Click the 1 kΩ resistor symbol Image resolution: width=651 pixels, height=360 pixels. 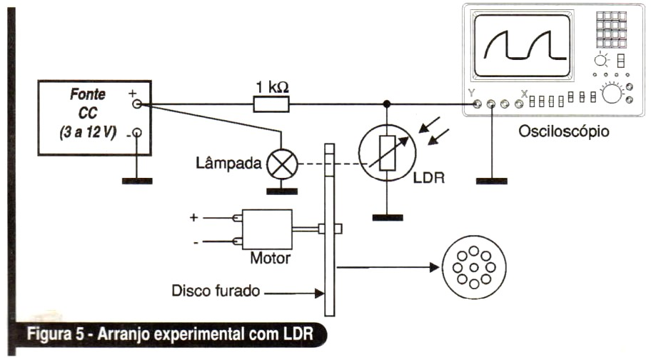click(271, 105)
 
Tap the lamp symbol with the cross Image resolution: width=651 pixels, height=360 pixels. click(283, 165)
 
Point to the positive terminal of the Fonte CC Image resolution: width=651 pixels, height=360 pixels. click(137, 104)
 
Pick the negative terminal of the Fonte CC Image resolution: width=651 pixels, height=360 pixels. click(137, 134)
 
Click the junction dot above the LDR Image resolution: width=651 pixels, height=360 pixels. click(387, 104)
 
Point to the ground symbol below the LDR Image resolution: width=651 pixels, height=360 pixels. click(387, 217)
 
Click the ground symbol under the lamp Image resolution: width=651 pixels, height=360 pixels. click(283, 191)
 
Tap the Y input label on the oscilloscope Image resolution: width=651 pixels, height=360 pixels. click(470, 94)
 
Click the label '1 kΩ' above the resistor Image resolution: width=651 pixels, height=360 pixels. click(271, 86)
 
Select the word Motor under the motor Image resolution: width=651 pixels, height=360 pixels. click(270, 257)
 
